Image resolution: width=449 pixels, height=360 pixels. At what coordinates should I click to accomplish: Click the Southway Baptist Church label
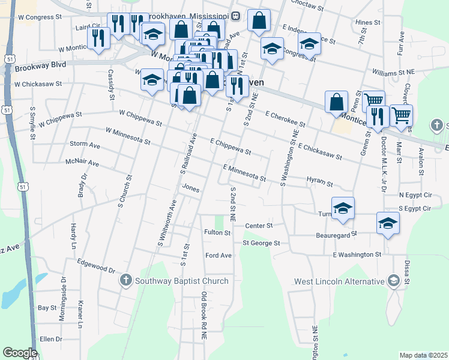(182, 281)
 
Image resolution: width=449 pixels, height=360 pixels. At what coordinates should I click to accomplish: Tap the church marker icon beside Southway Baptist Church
(126, 280)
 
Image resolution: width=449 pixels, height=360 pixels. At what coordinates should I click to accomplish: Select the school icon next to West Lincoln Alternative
(393, 280)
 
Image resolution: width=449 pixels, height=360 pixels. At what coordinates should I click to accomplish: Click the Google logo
(20, 353)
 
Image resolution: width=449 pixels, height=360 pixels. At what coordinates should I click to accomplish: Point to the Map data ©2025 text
(423, 355)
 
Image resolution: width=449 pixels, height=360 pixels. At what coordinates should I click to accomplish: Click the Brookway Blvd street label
(41, 64)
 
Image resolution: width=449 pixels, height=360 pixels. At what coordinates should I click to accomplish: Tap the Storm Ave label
(85, 145)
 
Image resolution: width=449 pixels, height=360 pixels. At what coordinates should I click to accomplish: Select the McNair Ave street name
(83, 163)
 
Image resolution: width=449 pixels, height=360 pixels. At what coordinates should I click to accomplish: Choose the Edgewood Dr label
(96, 262)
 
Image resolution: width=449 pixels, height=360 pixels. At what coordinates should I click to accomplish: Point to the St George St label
(261, 243)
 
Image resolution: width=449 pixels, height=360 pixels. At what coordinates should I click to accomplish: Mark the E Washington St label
(358, 254)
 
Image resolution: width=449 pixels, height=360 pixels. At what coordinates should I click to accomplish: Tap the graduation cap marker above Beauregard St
(388, 223)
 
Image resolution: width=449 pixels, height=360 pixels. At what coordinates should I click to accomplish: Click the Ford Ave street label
(218, 256)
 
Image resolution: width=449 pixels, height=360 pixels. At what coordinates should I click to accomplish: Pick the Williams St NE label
(394, 71)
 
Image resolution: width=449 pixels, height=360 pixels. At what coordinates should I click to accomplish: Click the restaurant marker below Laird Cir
(98, 38)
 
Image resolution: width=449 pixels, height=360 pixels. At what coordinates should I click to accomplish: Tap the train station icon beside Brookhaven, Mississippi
(236, 14)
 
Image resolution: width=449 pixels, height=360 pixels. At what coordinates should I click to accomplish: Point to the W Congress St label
(40, 17)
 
